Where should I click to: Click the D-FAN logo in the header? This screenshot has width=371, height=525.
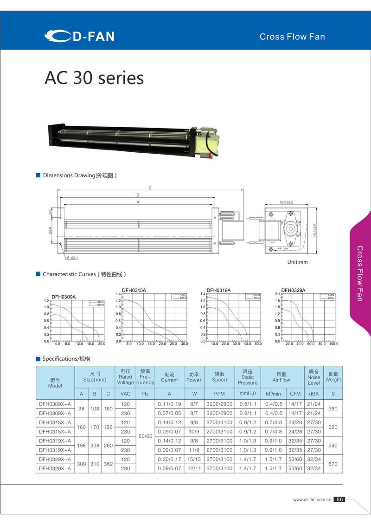point(79,36)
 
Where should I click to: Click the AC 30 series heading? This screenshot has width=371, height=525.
point(94,78)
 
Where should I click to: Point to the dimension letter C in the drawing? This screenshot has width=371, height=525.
point(150,188)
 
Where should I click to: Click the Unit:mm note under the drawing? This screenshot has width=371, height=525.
point(298,262)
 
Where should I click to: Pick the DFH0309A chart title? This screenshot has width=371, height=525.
point(64,297)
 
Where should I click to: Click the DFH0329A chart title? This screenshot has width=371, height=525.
point(293,290)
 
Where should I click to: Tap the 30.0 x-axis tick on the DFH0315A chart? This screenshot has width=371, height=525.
point(185,344)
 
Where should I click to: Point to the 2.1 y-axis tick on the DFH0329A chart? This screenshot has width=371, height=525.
point(277,294)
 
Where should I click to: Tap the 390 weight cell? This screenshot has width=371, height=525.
point(333,408)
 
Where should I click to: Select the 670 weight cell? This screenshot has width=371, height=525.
point(333,464)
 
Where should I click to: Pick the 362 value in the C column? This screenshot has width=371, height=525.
point(109,464)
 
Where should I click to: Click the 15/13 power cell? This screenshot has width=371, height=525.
point(193,459)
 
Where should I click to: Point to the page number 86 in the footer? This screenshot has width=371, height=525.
point(339,499)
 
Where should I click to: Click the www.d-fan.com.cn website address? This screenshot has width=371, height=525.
point(312,500)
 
